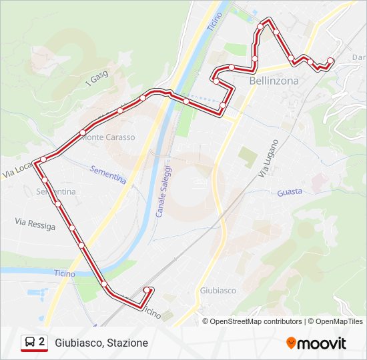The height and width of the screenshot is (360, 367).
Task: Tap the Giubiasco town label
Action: point(218,291)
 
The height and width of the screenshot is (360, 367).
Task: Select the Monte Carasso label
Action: point(108,137)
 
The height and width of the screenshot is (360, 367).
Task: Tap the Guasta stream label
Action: point(289,191)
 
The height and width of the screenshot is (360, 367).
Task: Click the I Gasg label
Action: point(97,79)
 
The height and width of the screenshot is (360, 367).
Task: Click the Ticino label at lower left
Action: point(65,273)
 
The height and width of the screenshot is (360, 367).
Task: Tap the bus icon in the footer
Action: point(30,342)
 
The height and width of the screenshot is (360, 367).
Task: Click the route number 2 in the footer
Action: point(42,341)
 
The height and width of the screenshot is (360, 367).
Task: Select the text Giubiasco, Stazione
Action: point(101,343)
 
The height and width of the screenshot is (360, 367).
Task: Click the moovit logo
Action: point(316,343)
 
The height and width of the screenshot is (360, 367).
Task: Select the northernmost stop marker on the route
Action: point(269,21)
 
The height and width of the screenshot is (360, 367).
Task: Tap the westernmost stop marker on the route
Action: point(43,159)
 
